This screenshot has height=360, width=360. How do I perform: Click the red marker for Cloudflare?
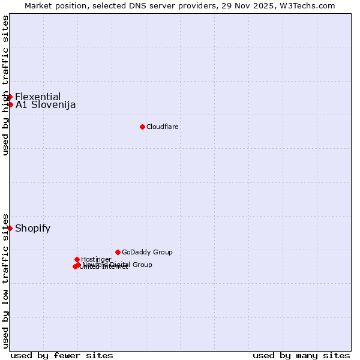142,127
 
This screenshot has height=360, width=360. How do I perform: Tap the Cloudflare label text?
163,127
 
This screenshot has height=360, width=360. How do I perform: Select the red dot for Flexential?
10,97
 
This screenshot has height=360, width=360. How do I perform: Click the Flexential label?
38,97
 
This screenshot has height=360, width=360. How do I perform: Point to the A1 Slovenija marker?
10,104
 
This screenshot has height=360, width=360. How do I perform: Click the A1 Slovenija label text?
46,105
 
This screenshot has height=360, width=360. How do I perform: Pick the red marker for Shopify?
10,228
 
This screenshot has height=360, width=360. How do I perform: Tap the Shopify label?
32,228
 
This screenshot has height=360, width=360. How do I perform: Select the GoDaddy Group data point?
118,252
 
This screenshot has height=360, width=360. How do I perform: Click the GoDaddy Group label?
147,252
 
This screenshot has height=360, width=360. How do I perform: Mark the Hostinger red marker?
77,259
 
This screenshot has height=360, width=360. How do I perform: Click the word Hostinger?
97,259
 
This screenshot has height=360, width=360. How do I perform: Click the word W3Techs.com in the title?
307,6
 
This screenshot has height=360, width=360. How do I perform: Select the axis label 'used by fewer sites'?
62,355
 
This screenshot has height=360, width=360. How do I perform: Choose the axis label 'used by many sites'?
301,355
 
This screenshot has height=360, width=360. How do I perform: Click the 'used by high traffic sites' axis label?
6,85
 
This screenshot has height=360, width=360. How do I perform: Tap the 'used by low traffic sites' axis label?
6,280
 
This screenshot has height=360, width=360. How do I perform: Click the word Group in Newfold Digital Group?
142,265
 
